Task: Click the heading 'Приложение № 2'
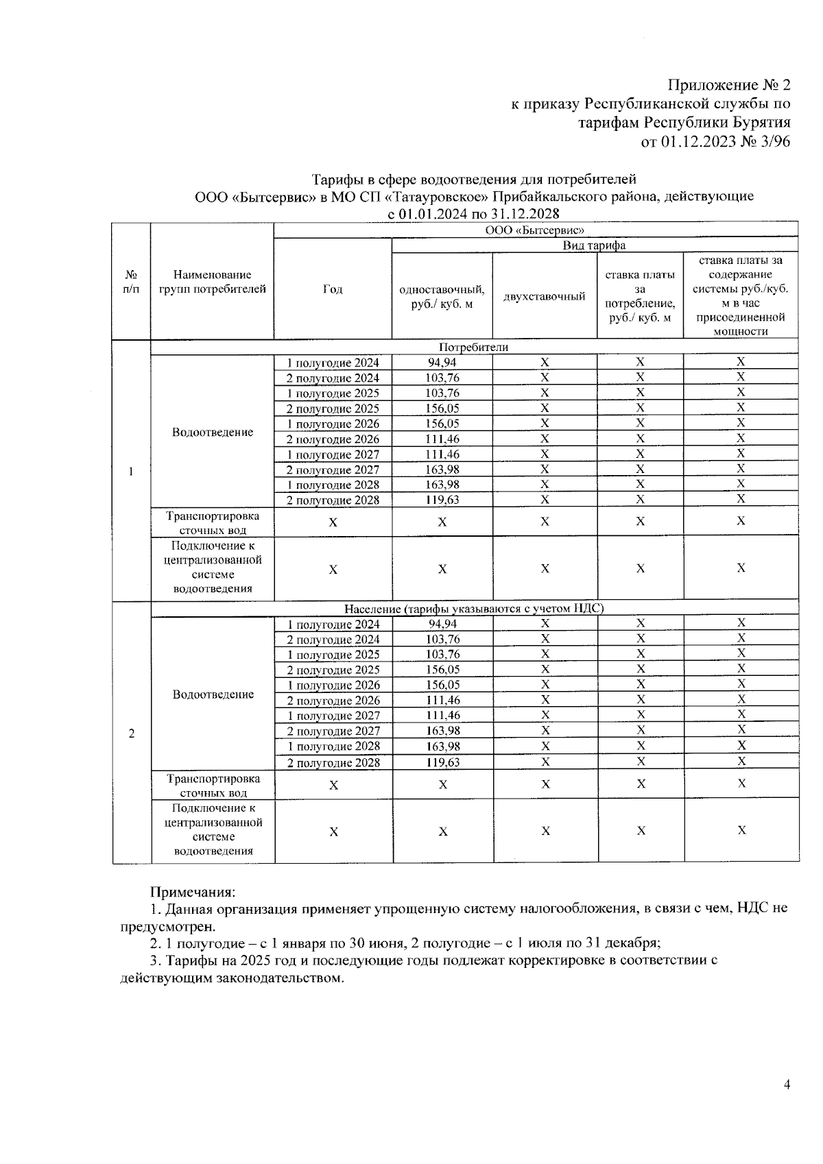(x=729, y=86)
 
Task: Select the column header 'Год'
(x=333, y=289)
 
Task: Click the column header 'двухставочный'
(x=545, y=296)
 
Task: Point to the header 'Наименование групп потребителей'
(x=213, y=282)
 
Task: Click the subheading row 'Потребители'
(x=474, y=347)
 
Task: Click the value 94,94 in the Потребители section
(x=442, y=363)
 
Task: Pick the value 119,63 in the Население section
(x=442, y=762)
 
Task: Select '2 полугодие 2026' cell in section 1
(x=333, y=439)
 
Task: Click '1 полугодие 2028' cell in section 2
(x=333, y=747)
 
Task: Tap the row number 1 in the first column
(x=130, y=472)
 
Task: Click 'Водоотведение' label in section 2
(x=213, y=694)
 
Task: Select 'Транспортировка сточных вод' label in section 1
(x=213, y=522)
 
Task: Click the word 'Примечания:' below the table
(x=193, y=892)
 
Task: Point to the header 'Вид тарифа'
(x=594, y=245)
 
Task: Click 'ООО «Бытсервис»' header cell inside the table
(x=535, y=230)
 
